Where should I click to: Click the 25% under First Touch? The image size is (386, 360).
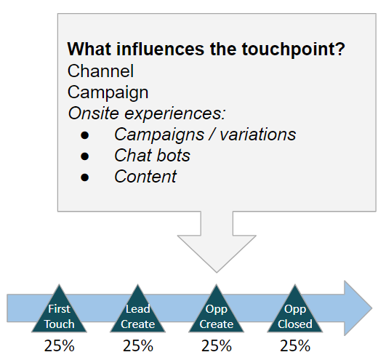point(60,345)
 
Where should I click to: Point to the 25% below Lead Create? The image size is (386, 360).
point(138,345)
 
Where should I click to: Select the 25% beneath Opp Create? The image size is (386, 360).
point(217,345)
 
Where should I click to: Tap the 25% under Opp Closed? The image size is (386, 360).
point(295,345)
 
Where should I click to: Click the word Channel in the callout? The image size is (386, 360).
point(100,71)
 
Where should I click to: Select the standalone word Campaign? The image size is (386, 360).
point(108,92)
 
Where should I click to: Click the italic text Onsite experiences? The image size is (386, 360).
point(147,113)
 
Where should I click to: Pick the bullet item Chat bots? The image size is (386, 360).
point(152,156)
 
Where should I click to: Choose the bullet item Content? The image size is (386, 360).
point(145,177)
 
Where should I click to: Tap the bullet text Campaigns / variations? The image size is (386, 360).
point(195,135)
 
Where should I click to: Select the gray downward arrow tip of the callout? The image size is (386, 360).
point(215,263)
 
